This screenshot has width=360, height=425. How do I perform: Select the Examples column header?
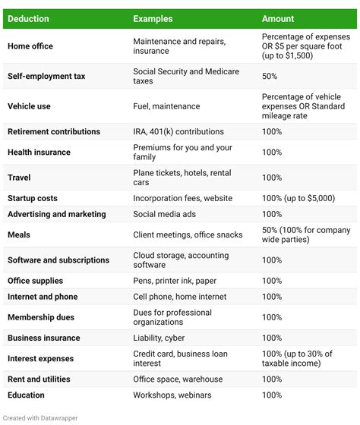[153, 18]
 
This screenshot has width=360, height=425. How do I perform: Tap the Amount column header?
[278, 18]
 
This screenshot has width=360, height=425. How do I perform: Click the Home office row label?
[30, 46]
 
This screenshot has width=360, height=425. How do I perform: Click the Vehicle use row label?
[30, 106]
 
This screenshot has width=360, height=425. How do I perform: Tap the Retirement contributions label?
[54, 131]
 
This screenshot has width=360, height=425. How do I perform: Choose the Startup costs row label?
[33, 198]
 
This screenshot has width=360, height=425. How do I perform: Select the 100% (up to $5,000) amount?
[298, 198]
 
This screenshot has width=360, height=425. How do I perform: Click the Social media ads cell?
[166, 214]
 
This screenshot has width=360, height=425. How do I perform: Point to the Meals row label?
[19, 235]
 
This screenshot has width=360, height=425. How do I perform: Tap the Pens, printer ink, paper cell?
[175, 281]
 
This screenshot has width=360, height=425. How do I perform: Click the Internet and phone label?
[43, 297]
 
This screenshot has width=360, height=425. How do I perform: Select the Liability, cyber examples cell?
[159, 337]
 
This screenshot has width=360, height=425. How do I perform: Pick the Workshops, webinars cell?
[172, 395]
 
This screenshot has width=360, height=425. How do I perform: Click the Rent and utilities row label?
[39, 379]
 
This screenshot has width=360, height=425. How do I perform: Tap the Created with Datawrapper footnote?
[39, 417]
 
